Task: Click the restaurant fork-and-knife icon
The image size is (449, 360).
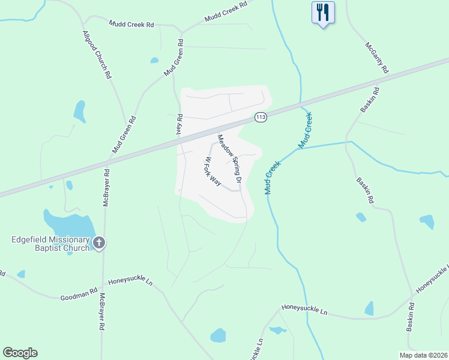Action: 323,13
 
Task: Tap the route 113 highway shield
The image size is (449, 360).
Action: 261,117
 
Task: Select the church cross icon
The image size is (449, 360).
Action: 99,243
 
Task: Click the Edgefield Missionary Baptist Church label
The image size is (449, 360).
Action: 50,243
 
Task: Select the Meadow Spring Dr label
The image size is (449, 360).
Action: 230,158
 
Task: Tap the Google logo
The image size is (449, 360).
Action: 20,353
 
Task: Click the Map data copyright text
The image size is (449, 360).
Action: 423,355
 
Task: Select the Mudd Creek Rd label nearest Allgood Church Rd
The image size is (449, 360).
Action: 131,25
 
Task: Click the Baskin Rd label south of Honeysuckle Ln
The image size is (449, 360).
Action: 412,322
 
